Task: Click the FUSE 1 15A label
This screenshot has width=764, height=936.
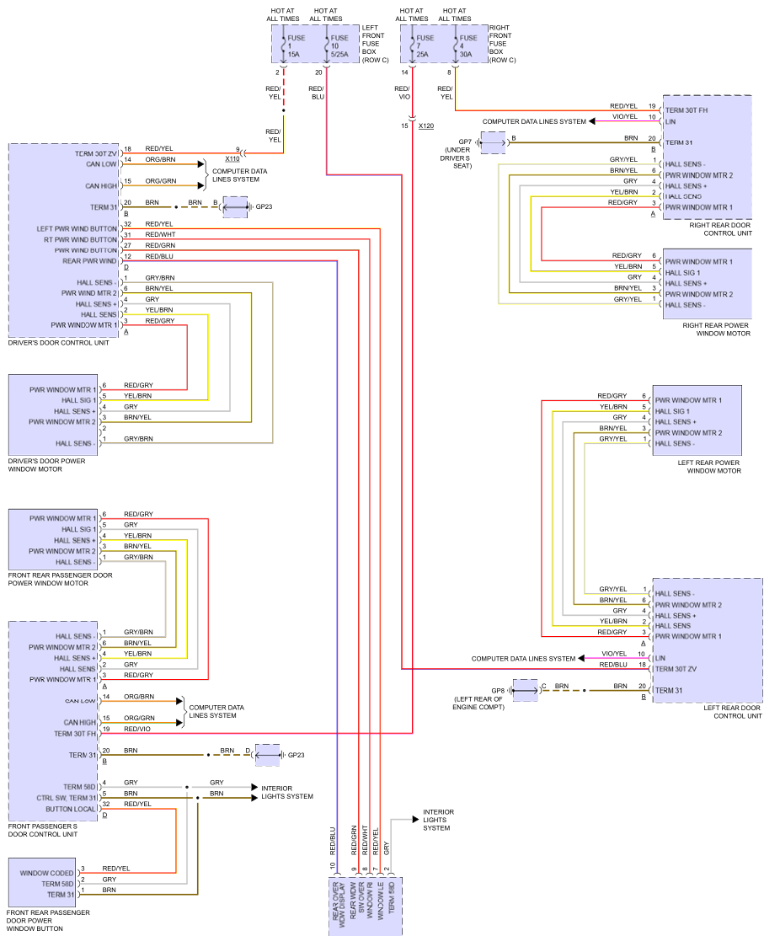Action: point(294,45)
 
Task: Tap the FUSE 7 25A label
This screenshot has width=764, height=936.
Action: point(425,45)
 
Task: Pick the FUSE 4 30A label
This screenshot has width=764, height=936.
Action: point(469,45)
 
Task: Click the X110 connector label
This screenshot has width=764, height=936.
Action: point(232,158)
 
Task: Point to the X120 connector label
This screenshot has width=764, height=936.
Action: point(425,126)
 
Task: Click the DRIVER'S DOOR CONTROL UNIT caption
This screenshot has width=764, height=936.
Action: point(58,343)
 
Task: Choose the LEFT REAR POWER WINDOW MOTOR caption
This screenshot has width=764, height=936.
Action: point(709,466)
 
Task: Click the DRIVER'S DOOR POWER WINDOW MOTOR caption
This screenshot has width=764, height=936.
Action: point(46,465)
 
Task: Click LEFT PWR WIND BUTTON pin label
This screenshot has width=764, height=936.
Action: point(77,228)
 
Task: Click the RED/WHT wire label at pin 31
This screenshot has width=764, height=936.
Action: point(160,234)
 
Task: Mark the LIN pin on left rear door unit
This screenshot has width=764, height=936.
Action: point(660,657)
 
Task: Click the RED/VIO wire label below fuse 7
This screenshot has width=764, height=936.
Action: point(403,93)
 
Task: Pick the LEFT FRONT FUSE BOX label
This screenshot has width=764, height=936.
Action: point(373,44)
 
